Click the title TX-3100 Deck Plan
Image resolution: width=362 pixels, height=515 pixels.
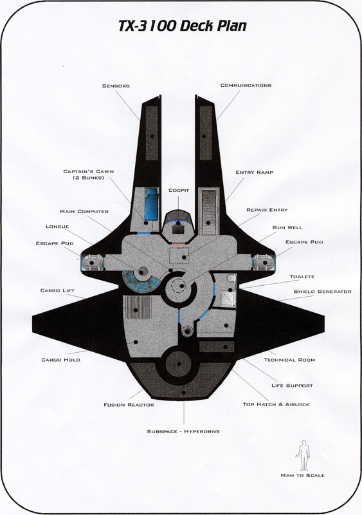tap(183, 26)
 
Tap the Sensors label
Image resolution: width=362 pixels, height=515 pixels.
tap(116, 86)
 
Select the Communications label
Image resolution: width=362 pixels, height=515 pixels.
tap(246, 86)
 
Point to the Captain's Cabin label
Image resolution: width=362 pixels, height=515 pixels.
tap(89, 174)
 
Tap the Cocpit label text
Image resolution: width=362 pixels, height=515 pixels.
tap(179, 191)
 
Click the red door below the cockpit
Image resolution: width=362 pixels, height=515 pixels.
tap(178, 243)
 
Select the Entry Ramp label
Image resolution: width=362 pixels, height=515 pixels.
tap(255, 172)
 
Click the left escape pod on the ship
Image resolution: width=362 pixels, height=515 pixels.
tap(91, 263)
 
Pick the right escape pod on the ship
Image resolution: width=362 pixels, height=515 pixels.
tap(264, 263)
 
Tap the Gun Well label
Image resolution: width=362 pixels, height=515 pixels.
tap(287, 228)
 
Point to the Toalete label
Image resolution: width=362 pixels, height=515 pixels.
tap(302, 277)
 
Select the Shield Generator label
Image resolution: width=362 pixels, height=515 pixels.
tap(322, 292)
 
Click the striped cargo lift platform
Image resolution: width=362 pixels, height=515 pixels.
tap(137, 307)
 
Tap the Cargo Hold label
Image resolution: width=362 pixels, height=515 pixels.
tap(60, 360)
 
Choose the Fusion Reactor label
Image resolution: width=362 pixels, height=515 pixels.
tap(129, 405)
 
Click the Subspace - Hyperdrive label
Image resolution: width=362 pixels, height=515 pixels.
tap(183, 431)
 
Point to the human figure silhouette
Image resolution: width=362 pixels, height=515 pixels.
tap(303, 455)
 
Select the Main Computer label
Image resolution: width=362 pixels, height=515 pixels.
tap(84, 212)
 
